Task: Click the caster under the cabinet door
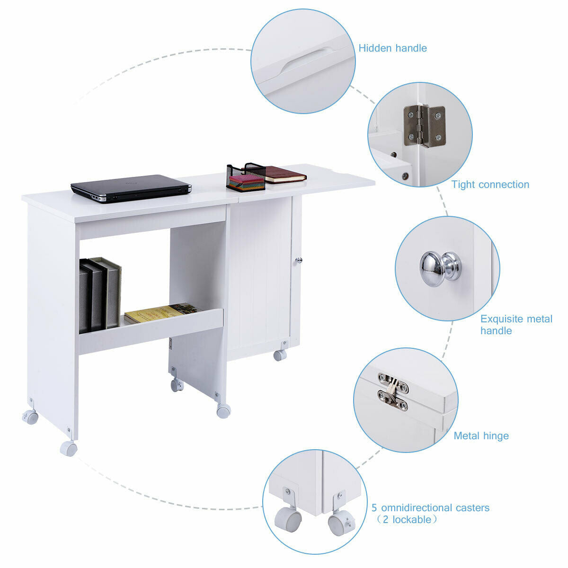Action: (x=280, y=355)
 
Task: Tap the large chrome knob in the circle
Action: (x=440, y=268)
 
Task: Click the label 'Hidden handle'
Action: (x=392, y=48)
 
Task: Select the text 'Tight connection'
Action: (x=490, y=185)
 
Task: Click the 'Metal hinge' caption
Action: (x=481, y=436)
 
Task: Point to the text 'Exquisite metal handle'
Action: (x=516, y=325)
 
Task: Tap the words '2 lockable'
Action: (x=407, y=520)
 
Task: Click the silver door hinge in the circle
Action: (x=424, y=125)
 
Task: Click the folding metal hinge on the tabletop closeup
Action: (x=393, y=391)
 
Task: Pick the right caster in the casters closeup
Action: (x=338, y=524)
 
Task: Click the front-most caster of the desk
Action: (x=68, y=448)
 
